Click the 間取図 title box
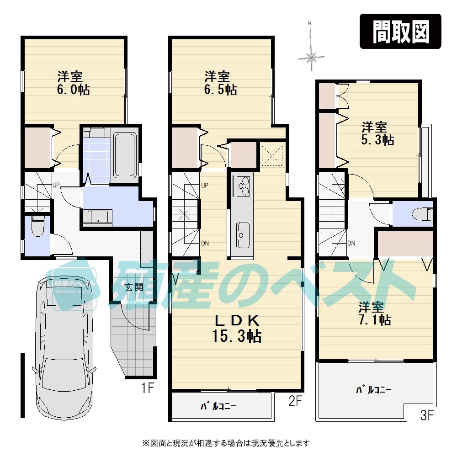(x=400, y=31)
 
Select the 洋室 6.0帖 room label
(x=73, y=83)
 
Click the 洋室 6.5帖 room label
(x=220, y=83)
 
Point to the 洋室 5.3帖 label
(x=377, y=133)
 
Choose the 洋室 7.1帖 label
(x=374, y=313)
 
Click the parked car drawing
(x=67, y=347)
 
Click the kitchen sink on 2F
(x=242, y=234)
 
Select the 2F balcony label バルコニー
(x=219, y=406)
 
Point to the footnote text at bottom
(x=227, y=443)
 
